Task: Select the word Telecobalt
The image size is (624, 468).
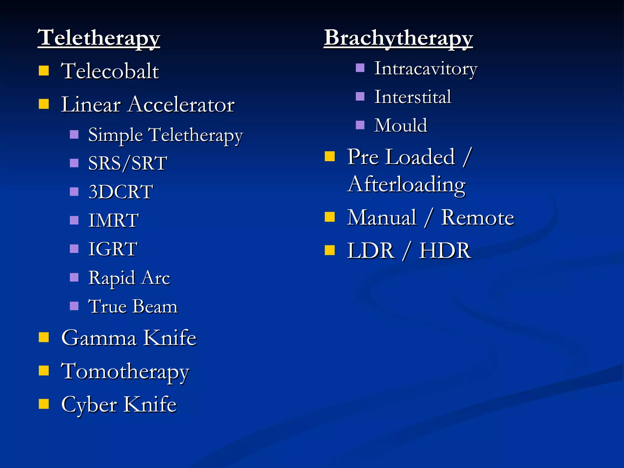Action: pyautogui.click(x=110, y=71)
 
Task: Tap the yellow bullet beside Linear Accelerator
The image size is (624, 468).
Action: pyautogui.click(x=44, y=104)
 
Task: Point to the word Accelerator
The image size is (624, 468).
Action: pyautogui.click(x=181, y=105)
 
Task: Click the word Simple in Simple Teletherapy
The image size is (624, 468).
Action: pyautogui.click(x=115, y=135)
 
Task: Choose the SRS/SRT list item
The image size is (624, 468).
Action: pyautogui.click(x=127, y=163)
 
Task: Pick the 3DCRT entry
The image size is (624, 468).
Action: pyautogui.click(x=121, y=192)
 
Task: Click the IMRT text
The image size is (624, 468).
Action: pyautogui.click(x=113, y=220)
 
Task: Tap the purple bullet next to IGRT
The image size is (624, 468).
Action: pyautogui.click(x=74, y=249)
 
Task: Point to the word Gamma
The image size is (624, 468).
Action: pyautogui.click(x=99, y=338)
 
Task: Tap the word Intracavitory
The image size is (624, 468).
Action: pyautogui.click(x=425, y=69)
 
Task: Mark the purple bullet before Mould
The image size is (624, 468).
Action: pyautogui.click(x=360, y=125)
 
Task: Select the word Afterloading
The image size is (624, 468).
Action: pyautogui.click(x=406, y=184)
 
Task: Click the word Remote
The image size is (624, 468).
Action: pyautogui.click(x=477, y=218)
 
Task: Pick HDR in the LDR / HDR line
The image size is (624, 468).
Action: pyautogui.click(x=445, y=251)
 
